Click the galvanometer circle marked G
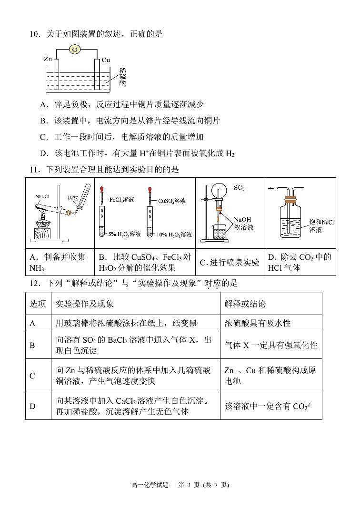[x=74, y=49]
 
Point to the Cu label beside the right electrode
[x=106, y=60]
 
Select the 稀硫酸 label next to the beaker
[x=123, y=76]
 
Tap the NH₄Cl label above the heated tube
[x=42, y=196]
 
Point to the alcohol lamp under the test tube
[x=44, y=222]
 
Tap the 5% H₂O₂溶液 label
[x=124, y=234]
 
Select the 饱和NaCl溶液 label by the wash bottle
[x=322, y=225]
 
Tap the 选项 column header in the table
[x=38, y=304]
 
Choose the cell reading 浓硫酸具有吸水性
[x=257, y=323]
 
